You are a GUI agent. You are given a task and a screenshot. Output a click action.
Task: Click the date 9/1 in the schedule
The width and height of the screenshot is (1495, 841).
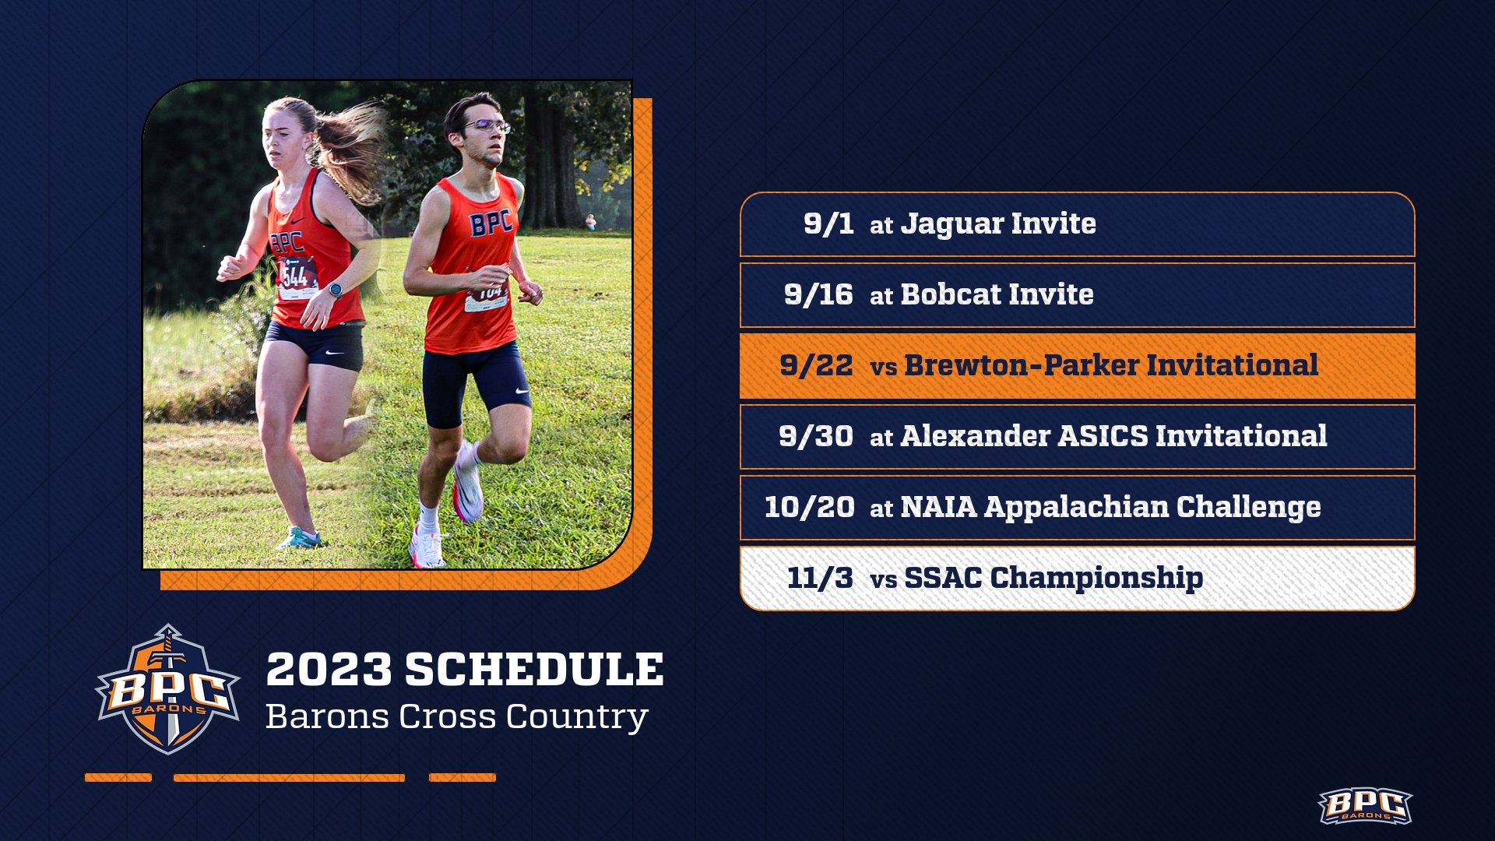click(828, 224)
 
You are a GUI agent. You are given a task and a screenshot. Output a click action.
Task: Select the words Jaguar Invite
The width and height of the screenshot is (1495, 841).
click(998, 224)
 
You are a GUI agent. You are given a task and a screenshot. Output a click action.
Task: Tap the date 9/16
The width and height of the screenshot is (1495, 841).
click(818, 294)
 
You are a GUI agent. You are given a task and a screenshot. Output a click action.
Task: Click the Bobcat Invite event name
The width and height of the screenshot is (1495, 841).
click(997, 294)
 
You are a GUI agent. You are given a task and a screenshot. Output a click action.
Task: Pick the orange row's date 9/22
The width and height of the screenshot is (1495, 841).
click(815, 365)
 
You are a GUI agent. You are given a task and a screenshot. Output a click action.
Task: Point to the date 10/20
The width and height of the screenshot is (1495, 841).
click(809, 507)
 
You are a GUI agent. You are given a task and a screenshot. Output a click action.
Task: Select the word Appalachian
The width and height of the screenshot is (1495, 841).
click(1076, 508)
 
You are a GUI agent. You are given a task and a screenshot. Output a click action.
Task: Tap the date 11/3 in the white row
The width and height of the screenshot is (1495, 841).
click(819, 578)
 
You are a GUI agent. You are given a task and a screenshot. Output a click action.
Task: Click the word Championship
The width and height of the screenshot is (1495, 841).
click(1096, 578)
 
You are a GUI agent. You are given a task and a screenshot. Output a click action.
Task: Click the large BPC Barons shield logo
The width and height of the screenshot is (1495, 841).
click(167, 690)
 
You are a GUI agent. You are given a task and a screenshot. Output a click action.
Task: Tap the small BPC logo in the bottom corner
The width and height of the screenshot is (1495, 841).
click(1364, 807)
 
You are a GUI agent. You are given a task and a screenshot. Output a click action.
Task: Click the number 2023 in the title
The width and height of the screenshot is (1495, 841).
click(329, 670)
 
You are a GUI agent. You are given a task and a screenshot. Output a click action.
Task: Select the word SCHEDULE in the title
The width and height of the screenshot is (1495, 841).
click(534, 670)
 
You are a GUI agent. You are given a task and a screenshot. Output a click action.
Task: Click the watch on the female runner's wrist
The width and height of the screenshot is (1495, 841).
click(335, 290)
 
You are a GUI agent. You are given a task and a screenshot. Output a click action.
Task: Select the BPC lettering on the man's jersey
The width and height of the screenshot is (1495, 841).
click(491, 223)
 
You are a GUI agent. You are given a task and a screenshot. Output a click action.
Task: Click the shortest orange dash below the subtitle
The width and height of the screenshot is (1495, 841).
click(118, 777)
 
